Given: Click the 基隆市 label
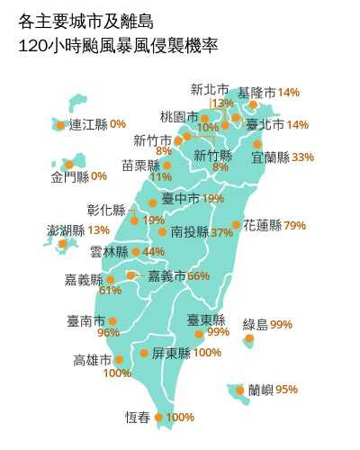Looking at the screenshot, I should [256, 93].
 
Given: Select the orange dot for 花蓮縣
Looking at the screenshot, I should [237, 225].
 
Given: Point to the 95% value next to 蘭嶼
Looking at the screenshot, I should [286, 390].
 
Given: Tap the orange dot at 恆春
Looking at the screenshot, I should [159, 417].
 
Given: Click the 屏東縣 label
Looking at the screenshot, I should [171, 353].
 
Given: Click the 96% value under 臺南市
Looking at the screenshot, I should [108, 333].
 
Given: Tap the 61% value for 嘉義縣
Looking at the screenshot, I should [110, 291].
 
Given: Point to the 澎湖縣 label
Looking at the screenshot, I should [66, 230].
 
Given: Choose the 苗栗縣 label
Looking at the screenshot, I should [140, 166].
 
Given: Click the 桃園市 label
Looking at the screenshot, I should [178, 117].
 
